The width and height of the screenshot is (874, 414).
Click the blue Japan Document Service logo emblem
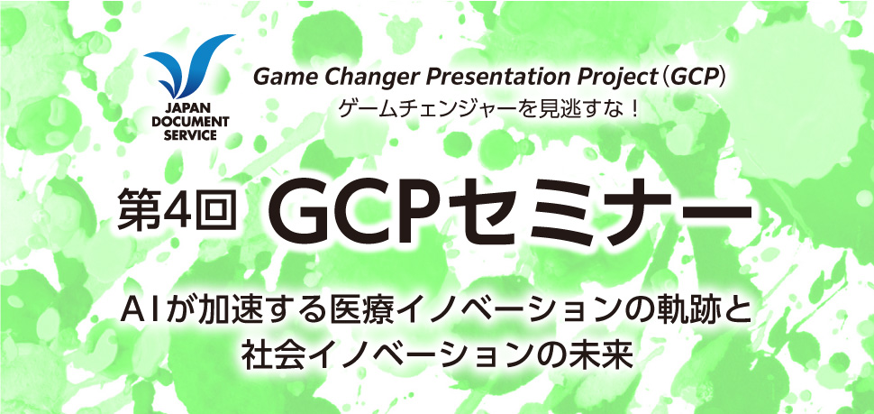(187, 66)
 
